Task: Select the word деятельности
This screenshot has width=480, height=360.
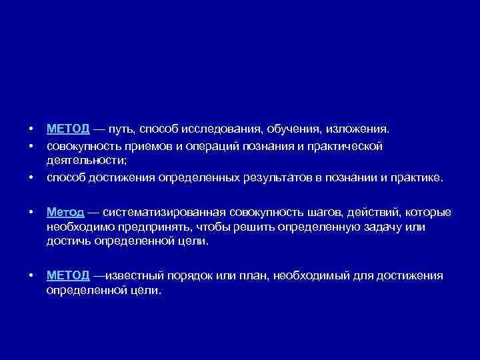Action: [86, 161]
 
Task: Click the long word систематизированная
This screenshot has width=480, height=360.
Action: [166, 212]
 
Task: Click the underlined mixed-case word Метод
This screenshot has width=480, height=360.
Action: [65, 212]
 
